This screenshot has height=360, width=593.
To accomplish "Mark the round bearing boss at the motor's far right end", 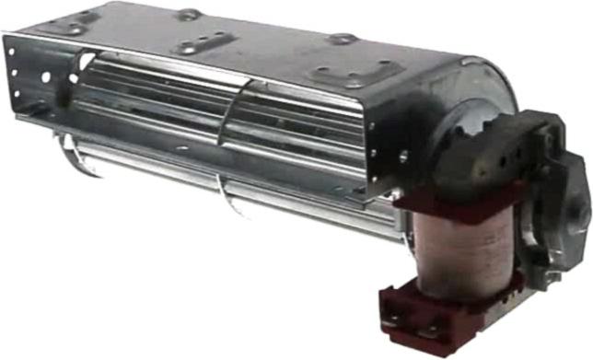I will (x=577, y=211).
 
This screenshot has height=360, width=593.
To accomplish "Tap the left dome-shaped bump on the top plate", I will (x=190, y=13).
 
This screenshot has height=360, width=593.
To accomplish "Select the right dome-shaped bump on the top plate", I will (x=342, y=39).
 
